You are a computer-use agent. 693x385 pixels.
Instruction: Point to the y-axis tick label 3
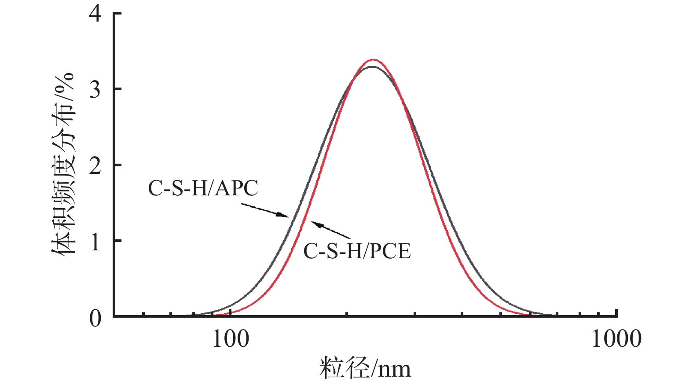(95, 89)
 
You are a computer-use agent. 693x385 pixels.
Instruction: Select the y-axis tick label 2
(95, 165)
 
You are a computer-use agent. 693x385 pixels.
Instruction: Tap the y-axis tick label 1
(95, 241)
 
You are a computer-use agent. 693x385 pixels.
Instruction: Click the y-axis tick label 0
(95, 318)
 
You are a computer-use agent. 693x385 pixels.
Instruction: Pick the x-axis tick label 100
(230, 339)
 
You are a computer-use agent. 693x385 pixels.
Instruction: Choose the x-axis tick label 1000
(616, 339)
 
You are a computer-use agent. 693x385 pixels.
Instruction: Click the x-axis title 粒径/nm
(365, 369)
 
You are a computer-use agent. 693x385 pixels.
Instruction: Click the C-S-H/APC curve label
(203, 188)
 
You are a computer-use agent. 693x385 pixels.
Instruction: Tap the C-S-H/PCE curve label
(357, 251)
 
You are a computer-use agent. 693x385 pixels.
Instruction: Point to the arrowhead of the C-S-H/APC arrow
(286, 216)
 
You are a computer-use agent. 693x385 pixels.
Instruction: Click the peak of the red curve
(373, 59)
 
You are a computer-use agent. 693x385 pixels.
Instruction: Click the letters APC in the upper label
(238, 188)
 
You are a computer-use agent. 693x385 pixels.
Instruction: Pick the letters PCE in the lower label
(390, 251)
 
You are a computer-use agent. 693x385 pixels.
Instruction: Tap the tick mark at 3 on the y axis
(117, 89)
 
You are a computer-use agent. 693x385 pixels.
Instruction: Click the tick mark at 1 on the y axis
(117, 241)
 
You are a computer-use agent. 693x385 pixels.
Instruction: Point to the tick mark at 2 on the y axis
(117, 165)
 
